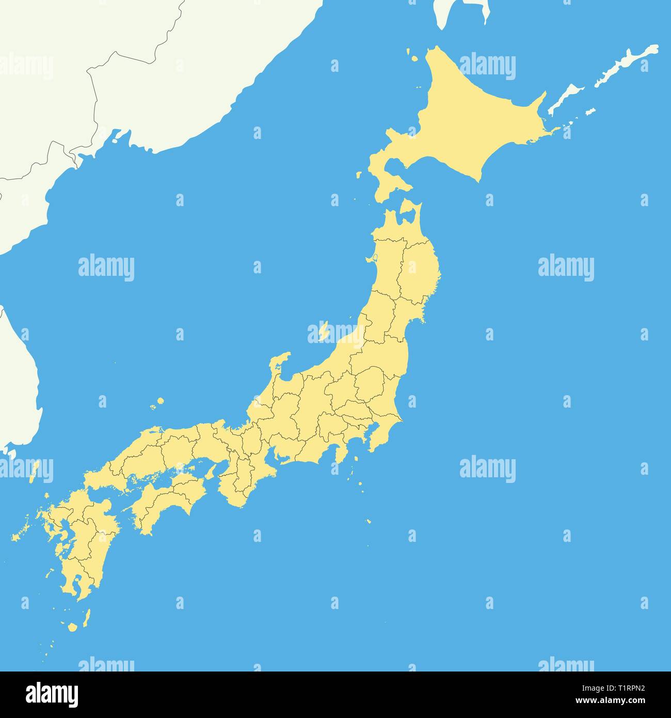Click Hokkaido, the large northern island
pos(465,119)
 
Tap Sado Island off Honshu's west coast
pos(324,331)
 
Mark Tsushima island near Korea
pos(35,470)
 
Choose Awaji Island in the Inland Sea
pos(211,471)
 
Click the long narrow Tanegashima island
pos(86,617)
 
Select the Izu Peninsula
pos(340,455)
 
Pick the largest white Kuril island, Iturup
pos(627,65)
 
